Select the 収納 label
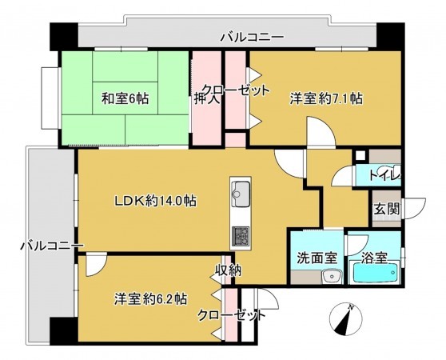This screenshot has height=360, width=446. point(228,270)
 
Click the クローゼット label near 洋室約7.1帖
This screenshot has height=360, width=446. point(235,90)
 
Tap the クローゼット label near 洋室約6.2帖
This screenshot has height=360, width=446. point(232,315)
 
